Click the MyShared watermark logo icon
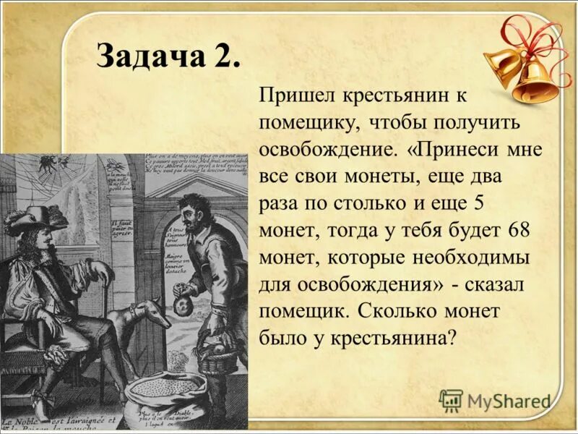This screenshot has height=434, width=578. click(x=451, y=400)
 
